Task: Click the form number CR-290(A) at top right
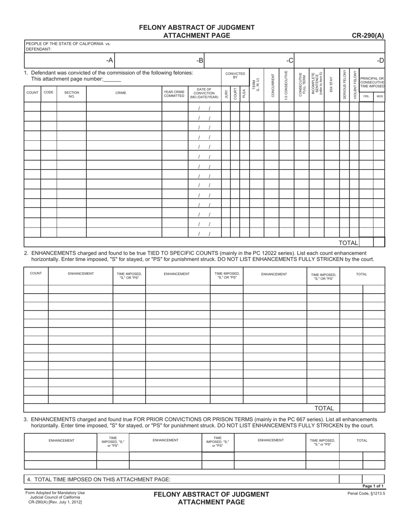[368, 36]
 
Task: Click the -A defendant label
[110, 61]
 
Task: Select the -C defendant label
[290, 61]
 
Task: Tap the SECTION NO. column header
[72, 94]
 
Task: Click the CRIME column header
[121, 93]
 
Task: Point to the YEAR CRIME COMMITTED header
[174, 94]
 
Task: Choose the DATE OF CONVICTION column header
[204, 93]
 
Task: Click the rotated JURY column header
[226, 94]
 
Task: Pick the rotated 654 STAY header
[331, 85]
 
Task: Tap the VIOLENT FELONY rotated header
[355, 85]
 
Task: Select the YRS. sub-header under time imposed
[366, 97]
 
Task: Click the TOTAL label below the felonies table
[348, 243]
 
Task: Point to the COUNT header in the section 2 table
[36, 273]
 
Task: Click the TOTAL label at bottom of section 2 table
[324, 408]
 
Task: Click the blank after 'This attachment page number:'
[113, 79]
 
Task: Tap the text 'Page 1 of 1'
[373, 486]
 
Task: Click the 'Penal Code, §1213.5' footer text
[366, 493]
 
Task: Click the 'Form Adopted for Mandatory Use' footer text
[55, 493]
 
